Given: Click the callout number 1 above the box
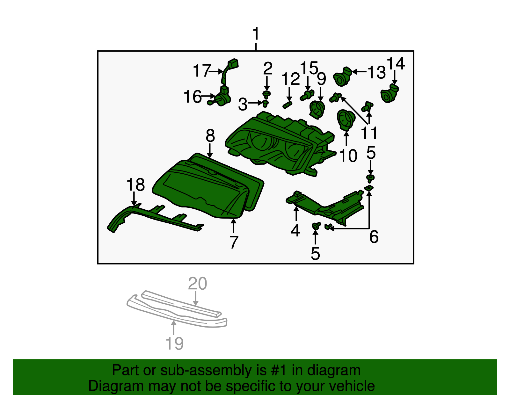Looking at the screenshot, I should (256, 34).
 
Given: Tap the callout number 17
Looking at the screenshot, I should (202, 71).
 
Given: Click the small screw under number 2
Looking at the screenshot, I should (267, 94).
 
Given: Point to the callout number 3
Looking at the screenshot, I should (243, 105).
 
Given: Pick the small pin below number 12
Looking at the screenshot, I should (287, 105).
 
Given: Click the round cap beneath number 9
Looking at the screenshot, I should (317, 109).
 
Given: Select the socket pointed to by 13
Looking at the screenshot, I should (342, 77).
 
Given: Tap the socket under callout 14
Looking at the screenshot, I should (390, 93).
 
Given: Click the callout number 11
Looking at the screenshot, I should (369, 133).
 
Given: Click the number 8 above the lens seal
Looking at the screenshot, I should (210, 136).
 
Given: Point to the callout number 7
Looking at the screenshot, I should (234, 242).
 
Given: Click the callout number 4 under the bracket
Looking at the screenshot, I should (295, 230).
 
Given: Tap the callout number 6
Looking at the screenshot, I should (374, 237).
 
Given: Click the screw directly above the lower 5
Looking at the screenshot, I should (316, 226).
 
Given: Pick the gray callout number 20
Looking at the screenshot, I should (197, 284).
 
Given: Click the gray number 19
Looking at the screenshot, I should (175, 344).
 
